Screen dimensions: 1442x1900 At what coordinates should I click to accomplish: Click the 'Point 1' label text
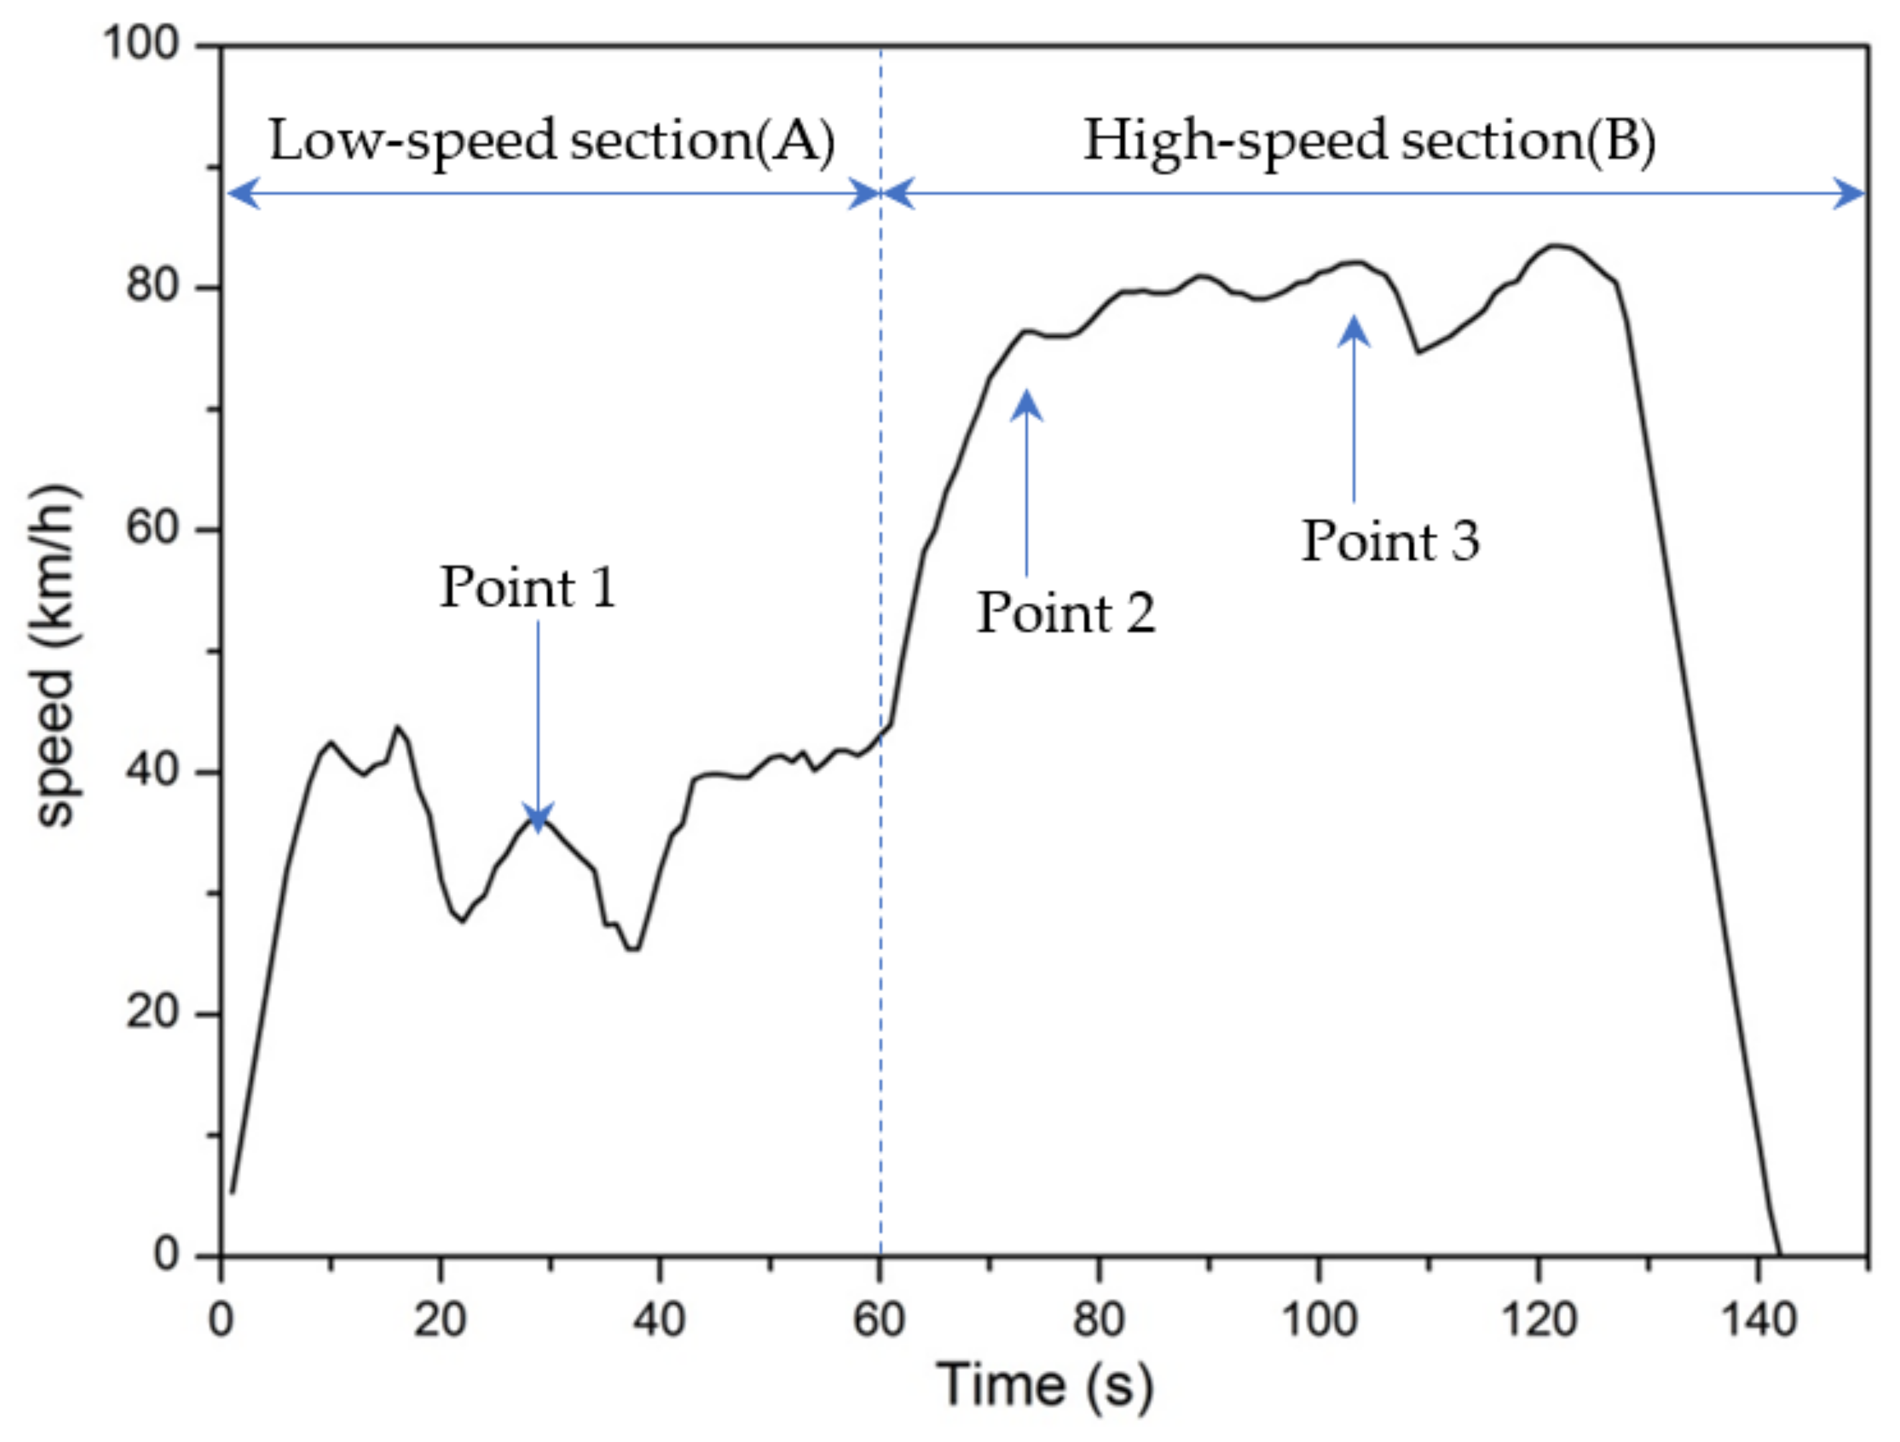[x=528, y=588]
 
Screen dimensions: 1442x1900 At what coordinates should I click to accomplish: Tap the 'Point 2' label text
[x=1066, y=614]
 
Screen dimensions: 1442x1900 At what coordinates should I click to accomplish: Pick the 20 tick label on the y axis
[x=152, y=1012]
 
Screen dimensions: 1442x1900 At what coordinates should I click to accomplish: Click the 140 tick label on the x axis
[x=1758, y=1319]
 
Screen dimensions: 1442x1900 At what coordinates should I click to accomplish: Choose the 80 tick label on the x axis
[x=1099, y=1319]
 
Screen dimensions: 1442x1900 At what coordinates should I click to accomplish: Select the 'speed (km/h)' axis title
[x=55, y=657]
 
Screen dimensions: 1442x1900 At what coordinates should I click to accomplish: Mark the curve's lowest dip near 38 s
[x=633, y=949]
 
